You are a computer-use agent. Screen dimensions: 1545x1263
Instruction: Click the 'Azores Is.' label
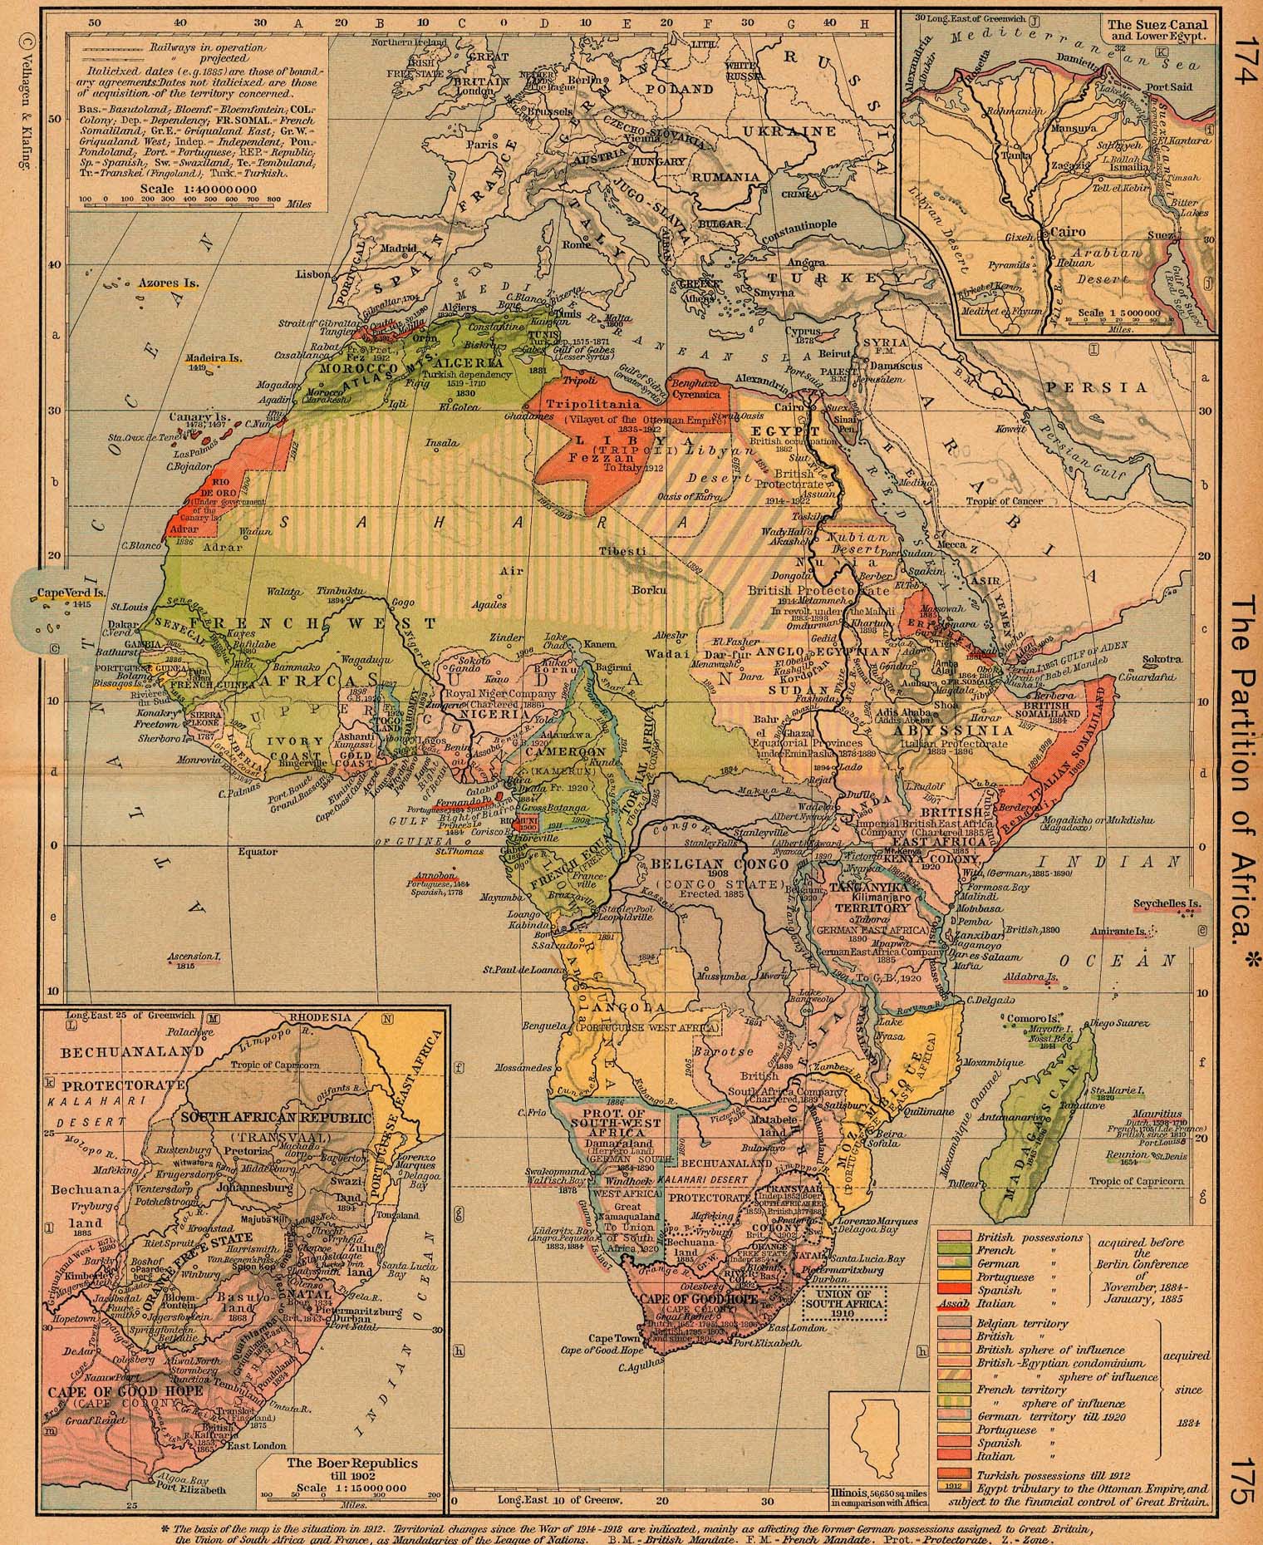(169, 283)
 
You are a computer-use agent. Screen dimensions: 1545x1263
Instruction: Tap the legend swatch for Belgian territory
(953, 1323)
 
